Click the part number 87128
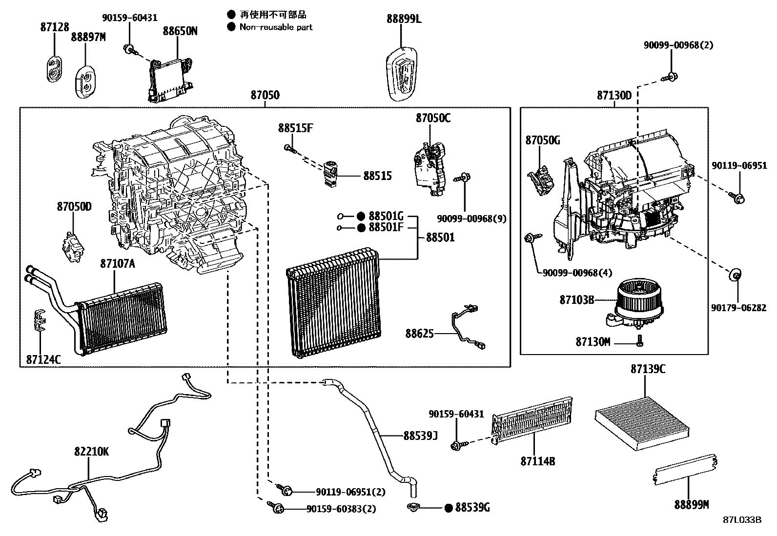pyautogui.click(x=54, y=28)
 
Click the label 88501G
pyautogui.click(x=386, y=216)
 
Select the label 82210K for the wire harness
pyautogui.click(x=91, y=452)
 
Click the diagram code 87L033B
pyautogui.click(x=742, y=519)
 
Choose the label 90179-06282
pyautogui.click(x=738, y=308)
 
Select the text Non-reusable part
pyautogui.click(x=276, y=27)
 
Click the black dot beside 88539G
pyautogui.click(x=449, y=508)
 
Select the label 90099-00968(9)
pyautogui.click(x=471, y=219)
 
